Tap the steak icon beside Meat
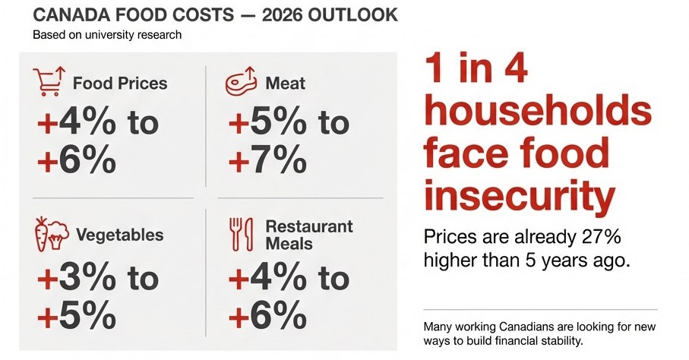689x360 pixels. [241, 82]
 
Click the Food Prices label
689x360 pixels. [120, 83]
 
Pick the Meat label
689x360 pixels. [286, 83]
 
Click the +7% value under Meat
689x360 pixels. [267, 161]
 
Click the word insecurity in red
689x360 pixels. [519, 195]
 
